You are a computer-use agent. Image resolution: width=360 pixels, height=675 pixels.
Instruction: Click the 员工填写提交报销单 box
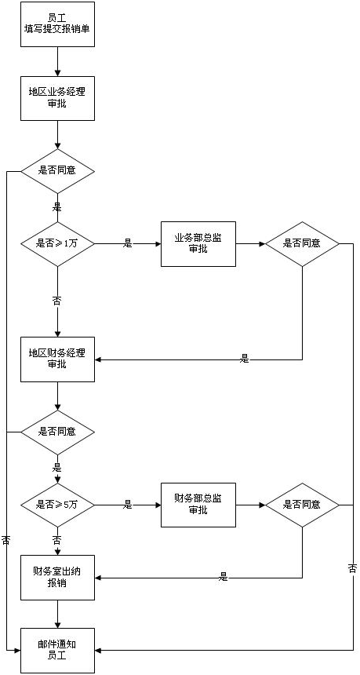(57, 24)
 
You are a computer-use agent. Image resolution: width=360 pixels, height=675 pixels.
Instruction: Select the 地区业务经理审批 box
(57, 97)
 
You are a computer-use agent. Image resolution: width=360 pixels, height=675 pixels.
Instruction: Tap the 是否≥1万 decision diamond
(57, 243)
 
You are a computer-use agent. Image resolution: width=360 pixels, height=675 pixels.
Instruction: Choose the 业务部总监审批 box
(198, 243)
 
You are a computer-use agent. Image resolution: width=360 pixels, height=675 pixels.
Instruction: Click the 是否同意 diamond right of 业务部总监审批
(302, 243)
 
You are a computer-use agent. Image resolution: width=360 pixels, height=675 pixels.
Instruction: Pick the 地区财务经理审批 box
(57, 359)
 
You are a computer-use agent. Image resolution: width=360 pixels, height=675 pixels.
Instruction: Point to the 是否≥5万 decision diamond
(57, 505)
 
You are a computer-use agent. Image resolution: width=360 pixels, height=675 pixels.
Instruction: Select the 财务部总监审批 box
(198, 505)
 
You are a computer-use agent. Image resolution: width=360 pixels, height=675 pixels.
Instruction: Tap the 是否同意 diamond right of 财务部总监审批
(302, 505)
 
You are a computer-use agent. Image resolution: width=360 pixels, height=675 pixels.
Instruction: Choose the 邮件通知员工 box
(57, 650)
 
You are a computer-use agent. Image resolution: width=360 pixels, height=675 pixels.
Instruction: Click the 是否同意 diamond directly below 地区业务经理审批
(57, 170)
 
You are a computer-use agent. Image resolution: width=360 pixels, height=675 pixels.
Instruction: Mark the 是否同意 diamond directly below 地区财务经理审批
(57, 432)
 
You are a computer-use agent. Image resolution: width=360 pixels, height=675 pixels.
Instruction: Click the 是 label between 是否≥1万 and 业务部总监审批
(128, 243)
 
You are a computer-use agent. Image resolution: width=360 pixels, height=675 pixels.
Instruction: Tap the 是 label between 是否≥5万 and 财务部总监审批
(128, 505)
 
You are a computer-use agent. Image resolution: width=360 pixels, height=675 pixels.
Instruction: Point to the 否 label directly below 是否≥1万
(56, 301)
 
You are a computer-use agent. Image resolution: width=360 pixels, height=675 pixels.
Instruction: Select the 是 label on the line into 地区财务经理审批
(244, 359)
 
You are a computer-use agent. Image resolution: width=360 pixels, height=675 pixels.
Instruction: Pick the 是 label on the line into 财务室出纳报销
(224, 577)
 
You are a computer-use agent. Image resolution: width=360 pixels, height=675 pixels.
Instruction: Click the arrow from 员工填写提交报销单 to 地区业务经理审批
(57, 61)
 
